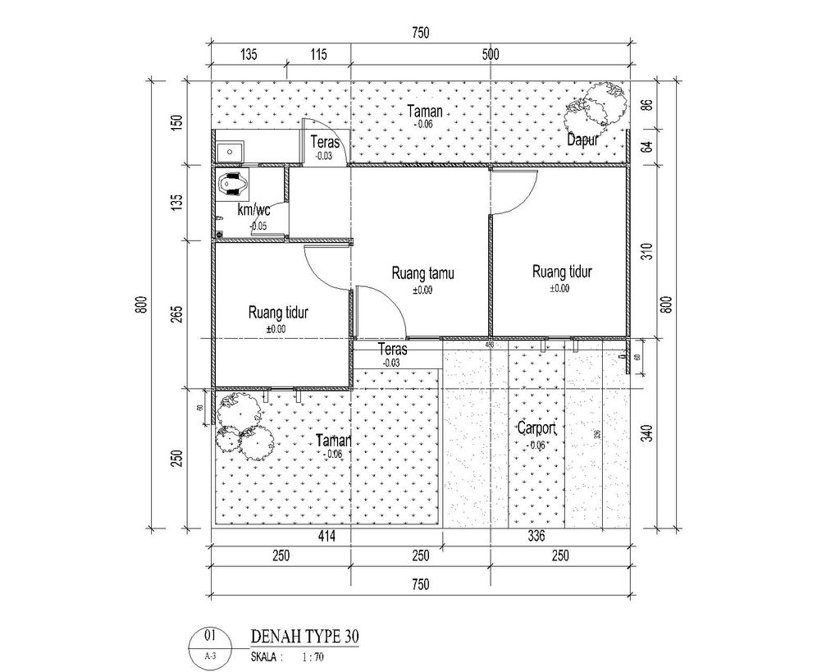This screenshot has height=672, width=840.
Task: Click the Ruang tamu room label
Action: click(423, 273)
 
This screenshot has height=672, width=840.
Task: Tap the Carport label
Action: click(537, 428)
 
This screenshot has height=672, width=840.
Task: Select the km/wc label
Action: click(253, 209)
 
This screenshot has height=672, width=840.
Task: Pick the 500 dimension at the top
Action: click(491, 55)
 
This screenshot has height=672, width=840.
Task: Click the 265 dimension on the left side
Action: click(178, 314)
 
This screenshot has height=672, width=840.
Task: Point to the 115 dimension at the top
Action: click(318, 55)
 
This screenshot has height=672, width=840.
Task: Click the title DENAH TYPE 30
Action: click(304, 637)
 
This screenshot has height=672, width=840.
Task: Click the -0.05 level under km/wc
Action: click(258, 226)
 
